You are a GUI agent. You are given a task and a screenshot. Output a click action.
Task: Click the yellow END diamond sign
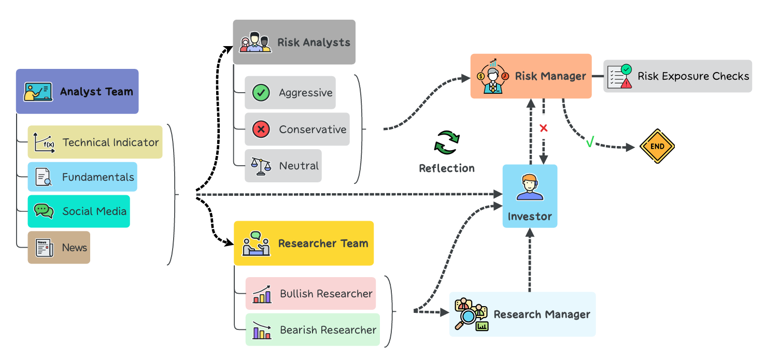[657, 147]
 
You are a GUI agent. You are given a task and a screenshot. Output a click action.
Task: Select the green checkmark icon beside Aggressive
[261, 93]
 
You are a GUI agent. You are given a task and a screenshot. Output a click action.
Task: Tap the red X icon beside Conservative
[261, 129]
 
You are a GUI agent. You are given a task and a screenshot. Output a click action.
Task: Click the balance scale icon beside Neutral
[261, 166]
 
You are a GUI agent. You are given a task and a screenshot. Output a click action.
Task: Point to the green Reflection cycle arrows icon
[447, 143]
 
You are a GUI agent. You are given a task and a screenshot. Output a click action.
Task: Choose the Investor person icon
[530, 188]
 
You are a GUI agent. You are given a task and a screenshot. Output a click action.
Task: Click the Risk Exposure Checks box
[677, 76]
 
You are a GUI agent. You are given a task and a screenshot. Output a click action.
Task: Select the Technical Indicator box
[95, 142]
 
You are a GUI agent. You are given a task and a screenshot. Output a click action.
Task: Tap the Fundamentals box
[82, 177]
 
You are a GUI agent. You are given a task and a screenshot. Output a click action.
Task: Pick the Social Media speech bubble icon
[44, 211]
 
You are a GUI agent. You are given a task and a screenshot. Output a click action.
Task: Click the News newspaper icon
[44, 248]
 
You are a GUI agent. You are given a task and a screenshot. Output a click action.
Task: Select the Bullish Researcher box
[310, 294]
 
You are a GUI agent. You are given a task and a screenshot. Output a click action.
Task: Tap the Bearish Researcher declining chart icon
[262, 330]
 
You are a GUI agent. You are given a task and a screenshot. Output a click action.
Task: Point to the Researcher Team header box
[303, 243]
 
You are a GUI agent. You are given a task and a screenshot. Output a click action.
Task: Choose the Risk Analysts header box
[294, 42]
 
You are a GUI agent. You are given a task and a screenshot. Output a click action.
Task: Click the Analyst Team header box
[77, 92]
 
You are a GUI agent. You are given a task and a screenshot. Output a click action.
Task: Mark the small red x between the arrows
[544, 128]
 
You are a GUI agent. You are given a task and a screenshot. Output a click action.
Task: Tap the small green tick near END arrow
[589, 142]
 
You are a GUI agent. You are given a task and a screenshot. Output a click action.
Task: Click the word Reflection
[447, 168]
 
